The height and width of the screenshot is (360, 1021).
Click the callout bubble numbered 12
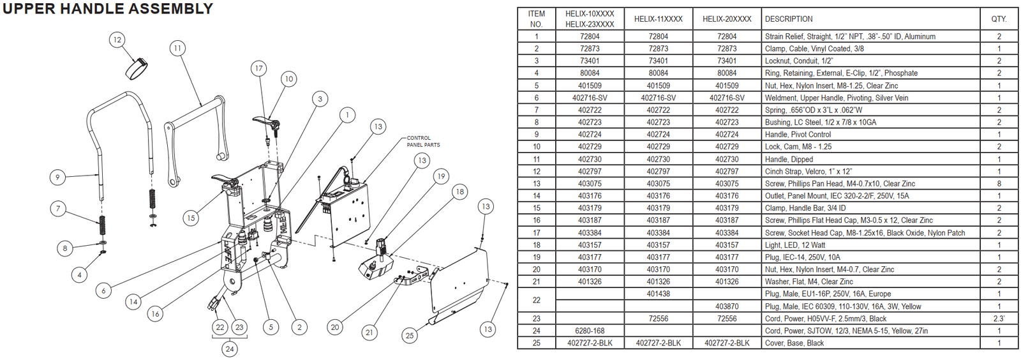click(117, 40)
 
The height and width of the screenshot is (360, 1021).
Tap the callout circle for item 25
click(410, 335)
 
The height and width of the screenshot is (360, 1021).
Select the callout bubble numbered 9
click(57, 177)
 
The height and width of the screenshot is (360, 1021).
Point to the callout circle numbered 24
click(230, 349)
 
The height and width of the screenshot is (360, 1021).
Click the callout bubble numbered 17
click(258, 68)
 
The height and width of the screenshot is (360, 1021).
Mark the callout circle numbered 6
click(103, 290)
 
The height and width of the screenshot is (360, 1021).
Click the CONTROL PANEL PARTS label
click(423, 141)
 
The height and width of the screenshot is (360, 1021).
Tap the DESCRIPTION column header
click(789, 19)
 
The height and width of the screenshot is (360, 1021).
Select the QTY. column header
click(999, 19)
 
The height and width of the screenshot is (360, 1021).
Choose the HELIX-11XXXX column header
click(658, 19)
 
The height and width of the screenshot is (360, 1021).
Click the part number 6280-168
click(589, 331)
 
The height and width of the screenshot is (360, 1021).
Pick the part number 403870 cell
click(727, 306)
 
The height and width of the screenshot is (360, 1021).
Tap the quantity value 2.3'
click(999, 319)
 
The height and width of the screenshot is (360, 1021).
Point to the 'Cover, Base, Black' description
click(794, 343)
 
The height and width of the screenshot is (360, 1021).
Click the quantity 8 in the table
click(999, 183)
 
